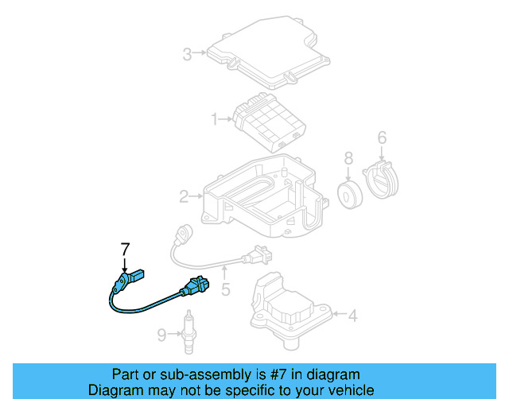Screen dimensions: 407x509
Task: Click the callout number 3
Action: coord(187,55)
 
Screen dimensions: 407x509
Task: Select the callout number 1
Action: coord(214,120)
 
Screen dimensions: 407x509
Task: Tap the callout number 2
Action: coord(184,196)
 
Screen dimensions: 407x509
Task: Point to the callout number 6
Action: coord(382,138)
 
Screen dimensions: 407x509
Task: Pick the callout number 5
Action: coord(225,290)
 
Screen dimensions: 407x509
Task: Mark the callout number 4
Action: coord(352,316)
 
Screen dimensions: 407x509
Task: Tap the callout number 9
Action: coord(161,335)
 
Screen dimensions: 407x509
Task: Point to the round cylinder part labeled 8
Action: coord(348,196)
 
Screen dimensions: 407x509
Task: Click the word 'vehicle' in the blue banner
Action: coord(348,390)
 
